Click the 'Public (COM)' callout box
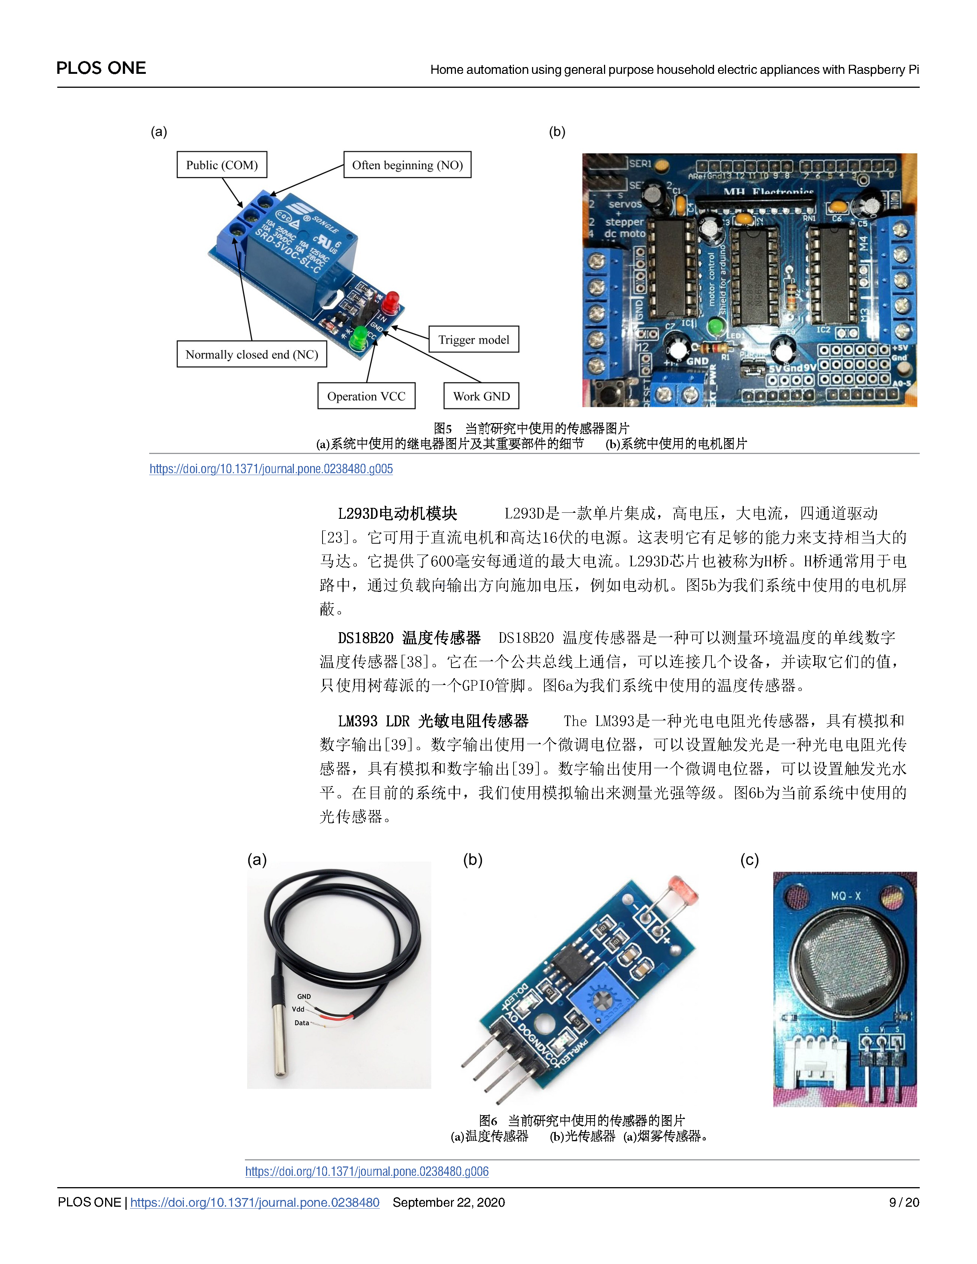pos(222,165)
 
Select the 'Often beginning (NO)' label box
pos(407,165)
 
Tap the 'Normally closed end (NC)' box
pos(252,354)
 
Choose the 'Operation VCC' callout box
pos(366,396)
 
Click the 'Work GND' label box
pos(481,396)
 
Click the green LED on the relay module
pos(360,337)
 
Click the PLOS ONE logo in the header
pos(101,68)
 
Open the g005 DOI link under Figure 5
pos(271,469)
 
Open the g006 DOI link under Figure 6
pos(367,1171)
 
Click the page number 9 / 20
pos(904,1203)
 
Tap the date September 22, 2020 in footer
pos(449,1203)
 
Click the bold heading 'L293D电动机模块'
pos(398,514)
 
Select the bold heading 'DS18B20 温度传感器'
pos(409,638)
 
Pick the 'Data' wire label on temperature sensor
pos(301,1023)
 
